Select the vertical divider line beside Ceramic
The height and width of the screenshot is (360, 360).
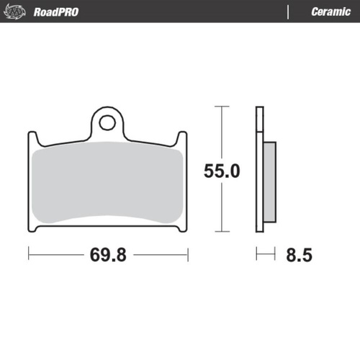(x=289, y=12)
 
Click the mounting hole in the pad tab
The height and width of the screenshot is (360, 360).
(x=107, y=122)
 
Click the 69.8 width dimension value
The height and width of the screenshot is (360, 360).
(x=108, y=254)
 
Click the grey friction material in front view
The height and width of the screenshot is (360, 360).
(x=108, y=184)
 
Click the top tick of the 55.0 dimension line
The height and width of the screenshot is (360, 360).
(x=221, y=107)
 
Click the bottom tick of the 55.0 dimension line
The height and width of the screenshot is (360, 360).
(x=221, y=232)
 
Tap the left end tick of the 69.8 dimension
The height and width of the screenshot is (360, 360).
(x=28, y=254)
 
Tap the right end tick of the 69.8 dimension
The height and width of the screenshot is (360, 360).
(x=188, y=254)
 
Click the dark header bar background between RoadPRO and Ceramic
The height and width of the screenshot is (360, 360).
(x=180, y=12)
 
